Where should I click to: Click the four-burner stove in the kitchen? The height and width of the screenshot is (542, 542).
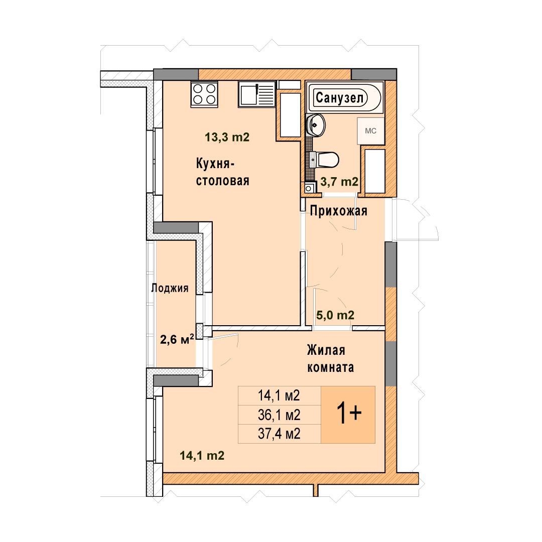pyautogui.click(x=204, y=94)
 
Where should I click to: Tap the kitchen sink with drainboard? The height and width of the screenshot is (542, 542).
pyautogui.click(x=256, y=94)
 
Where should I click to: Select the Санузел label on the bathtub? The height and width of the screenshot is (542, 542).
pyautogui.click(x=340, y=97)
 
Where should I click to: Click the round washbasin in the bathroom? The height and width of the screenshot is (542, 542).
pyautogui.click(x=315, y=125)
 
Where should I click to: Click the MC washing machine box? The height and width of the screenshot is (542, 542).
pyautogui.click(x=370, y=131)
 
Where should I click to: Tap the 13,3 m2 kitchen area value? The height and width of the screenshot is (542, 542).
pyautogui.click(x=227, y=137)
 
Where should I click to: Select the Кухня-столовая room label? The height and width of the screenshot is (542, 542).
pyautogui.click(x=223, y=172)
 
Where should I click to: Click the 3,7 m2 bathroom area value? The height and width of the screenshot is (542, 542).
pyautogui.click(x=339, y=182)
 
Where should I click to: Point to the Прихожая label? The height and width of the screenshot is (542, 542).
pyautogui.click(x=338, y=210)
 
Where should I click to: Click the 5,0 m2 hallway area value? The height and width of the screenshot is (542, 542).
pyautogui.click(x=335, y=315)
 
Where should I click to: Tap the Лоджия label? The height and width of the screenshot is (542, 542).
pyautogui.click(x=170, y=288)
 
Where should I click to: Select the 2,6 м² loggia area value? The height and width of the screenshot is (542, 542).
pyautogui.click(x=177, y=339)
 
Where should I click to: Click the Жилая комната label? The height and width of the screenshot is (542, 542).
pyautogui.click(x=330, y=359)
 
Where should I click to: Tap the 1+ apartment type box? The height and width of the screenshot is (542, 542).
pyautogui.click(x=348, y=415)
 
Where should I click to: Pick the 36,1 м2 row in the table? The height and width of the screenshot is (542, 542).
pyautogui.click(x=280, y=415)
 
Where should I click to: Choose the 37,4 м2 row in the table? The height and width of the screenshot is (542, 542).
pyautogui.click(x=280, y=434)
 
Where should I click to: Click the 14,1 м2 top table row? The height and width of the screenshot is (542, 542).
pyautogui.click(x=280, y=396)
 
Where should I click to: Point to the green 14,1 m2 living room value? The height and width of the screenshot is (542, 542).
pyautogui.click(x=202, y=456)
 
